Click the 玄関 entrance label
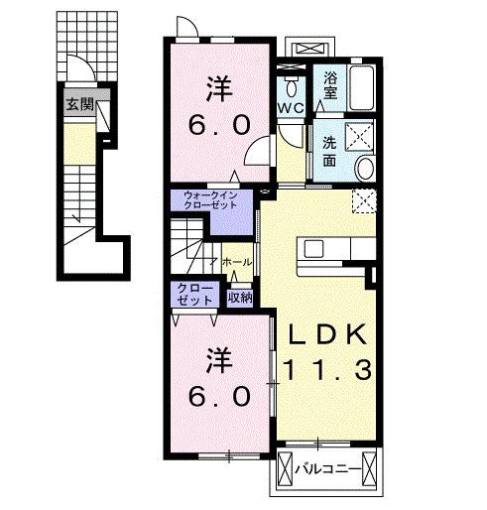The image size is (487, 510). point(80,105)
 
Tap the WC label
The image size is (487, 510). point(291,107)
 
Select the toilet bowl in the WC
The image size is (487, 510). point(291,88)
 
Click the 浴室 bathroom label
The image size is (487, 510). point(329,85)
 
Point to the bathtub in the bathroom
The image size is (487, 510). point(362,87)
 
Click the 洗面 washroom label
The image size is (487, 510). point(329,152)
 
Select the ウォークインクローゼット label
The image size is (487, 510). point(210,200)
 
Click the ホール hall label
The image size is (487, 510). point(237,262)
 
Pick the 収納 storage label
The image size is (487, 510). point(240,298)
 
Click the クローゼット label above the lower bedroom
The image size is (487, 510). point(195,295)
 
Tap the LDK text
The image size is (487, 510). point(328,334)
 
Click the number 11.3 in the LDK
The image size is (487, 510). point(327,369)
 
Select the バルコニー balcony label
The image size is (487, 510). point(327,469)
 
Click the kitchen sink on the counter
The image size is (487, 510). point(313,249)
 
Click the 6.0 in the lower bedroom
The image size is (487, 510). point(219,396)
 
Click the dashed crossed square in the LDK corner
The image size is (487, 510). point(364,201)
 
